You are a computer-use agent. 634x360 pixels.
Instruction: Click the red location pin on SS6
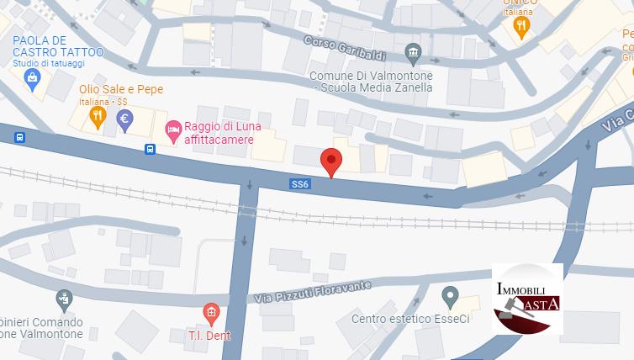(x=332, y=161)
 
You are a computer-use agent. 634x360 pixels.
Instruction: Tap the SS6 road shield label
(x=300, y=183)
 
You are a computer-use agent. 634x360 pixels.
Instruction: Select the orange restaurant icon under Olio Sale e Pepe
(x=98, y=119)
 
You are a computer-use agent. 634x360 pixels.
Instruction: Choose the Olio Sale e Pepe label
(x=121, y=89)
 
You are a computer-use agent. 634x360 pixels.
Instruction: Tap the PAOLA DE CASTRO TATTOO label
(x=57, y=46)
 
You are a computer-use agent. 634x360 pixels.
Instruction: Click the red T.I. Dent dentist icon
(x=211, y=315)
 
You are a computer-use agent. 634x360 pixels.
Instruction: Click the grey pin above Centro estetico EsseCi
(x=450, y=296)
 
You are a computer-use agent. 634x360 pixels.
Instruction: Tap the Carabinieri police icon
(x=64, y=298)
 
